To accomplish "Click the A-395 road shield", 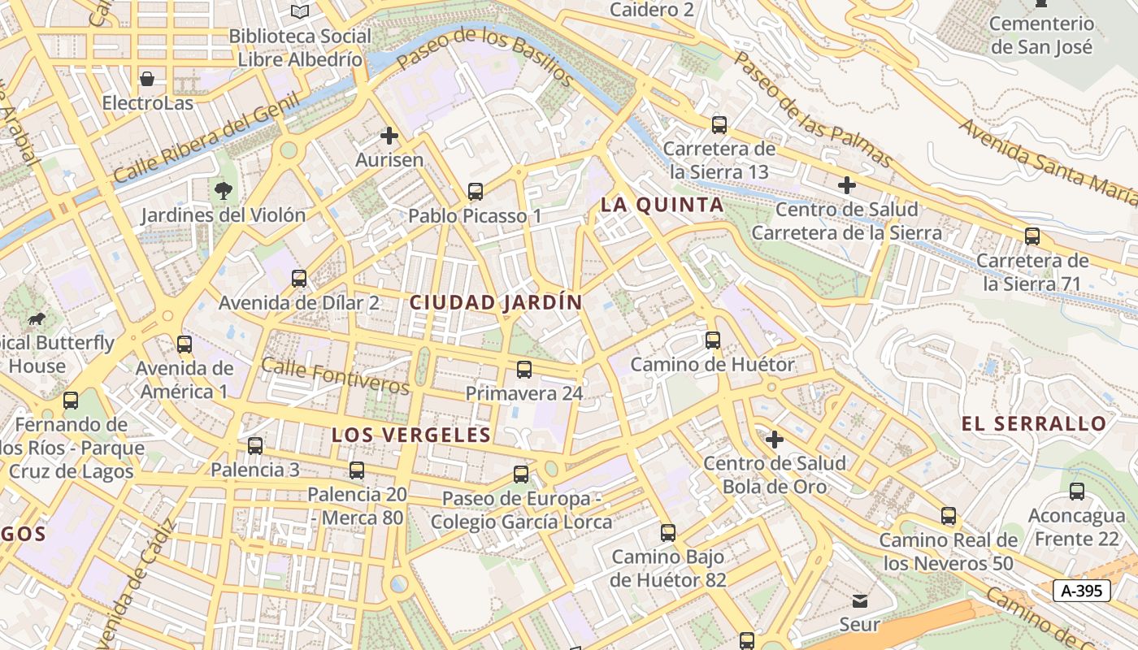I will pyautogui.click(x=1081, y=591).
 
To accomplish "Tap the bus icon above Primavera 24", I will pyautogui.click(x=524, y=370).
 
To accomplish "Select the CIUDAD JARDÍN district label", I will pyautogui.click(x=496, y=303).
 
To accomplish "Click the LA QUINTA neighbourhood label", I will pyautogui.click(x=662, y=206).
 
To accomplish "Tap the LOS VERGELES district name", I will pyautogui.click(x=411, y=435).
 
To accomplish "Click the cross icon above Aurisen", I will pyautogui.click(x=389, y=136).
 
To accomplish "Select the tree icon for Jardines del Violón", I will pyautogui.click(x=223, y=192).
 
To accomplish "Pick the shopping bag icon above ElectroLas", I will pyautogui.click(x=147, y=79).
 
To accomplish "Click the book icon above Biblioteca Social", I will pyautogui.click(x=300, y=11).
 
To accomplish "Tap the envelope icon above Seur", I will pyautogui.click(x=859, y=601).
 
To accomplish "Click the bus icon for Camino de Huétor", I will pyautogui.click(x=713, y=340).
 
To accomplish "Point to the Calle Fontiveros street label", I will pyautogui.click(x=335, y=377).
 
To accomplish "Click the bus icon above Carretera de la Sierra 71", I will pyautogui.click(x=1032, y=236).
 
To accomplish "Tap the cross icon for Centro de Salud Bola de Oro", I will pyautogui.click(x=775, y=440).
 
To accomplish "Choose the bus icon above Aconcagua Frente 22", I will pyautogui.click(x=1077, y=492).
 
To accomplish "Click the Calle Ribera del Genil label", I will pyautogui.click(x=206, y=138).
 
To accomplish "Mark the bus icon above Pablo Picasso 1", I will pyautogui.click(x=476, y=192).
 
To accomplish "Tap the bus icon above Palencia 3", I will pyautogui.click(x=255, y=446).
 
